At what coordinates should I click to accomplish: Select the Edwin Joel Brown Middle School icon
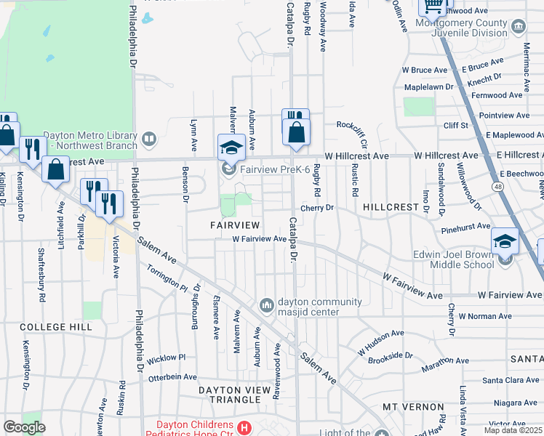pos(505,241)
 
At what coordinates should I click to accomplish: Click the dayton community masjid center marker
pos(267,303)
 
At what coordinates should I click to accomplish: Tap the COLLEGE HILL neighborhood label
pos(56,328)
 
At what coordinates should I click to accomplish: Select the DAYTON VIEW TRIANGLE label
pos(239,390)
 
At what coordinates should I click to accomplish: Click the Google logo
pos(24,427)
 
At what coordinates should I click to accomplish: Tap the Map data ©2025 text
pos(513,430)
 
